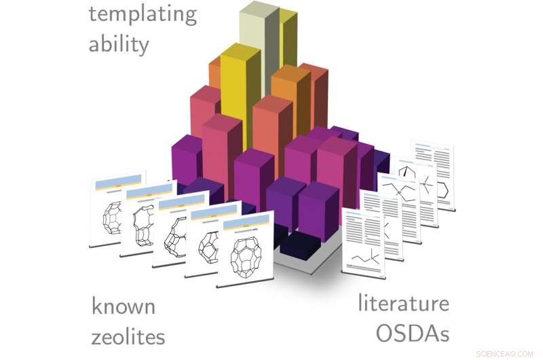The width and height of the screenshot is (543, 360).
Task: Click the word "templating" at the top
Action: (143, 14)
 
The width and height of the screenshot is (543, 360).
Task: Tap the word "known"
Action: (123, 306)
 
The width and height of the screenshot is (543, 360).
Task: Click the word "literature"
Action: (403, 304)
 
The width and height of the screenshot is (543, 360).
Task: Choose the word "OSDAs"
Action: (413, 334)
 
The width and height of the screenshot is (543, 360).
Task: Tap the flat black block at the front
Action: (299, 241)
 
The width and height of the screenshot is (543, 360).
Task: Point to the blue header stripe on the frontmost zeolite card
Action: (242, 221)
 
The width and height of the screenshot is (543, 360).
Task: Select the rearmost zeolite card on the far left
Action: (115, 211)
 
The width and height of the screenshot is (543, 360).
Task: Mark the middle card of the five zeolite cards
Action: (179, 231)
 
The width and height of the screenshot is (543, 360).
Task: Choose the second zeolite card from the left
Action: (146, 221)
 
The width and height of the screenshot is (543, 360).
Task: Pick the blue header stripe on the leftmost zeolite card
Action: (117, 181)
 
